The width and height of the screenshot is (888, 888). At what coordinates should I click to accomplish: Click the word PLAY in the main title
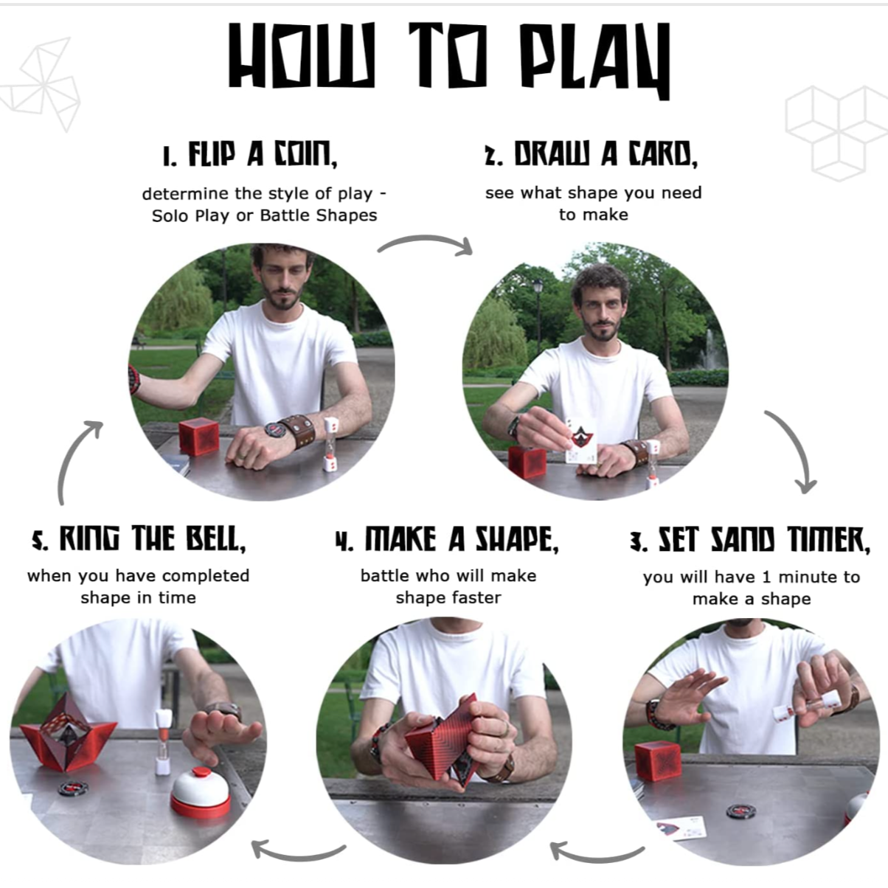pyautogui.click(x=595, y=60)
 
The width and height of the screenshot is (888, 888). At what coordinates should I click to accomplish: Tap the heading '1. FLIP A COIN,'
pyautogui.click(x=250, y=154)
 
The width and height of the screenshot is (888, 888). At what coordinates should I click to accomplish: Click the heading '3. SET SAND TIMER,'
pyautogui.click(x=750, y=540)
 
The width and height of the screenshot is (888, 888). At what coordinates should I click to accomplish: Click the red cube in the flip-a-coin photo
pyautogui.click(x=198, y=437)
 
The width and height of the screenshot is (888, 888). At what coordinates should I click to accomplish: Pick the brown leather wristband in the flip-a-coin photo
pyautogui.click(x=296, y=431)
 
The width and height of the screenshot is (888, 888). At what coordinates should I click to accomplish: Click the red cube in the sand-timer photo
pyautogui.click(x=658, y=761)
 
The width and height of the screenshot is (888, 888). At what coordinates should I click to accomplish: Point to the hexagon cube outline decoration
pyautogui.click(x=835, y=133)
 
